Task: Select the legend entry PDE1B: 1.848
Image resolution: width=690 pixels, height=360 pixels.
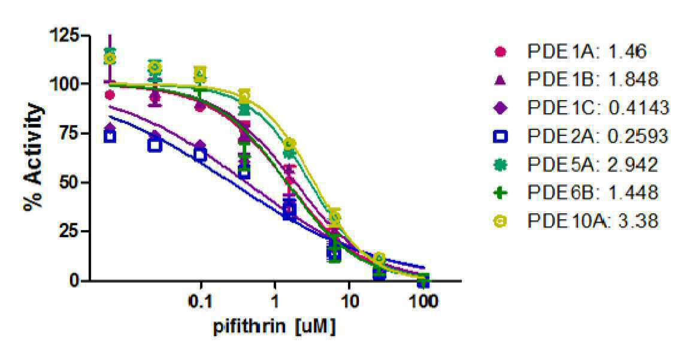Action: pyautogui.click(x=576, y=80)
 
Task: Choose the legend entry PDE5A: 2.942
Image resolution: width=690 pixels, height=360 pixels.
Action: pyautogui.click(x=576, y=164)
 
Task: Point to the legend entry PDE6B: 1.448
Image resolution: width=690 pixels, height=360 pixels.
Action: pyautogui.click(x=576, y=192)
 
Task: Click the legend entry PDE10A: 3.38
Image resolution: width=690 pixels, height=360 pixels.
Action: pyautogui.click(x=576, y=220)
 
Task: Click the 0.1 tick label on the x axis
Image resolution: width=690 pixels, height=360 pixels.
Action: pyautogui.click(x=201, y=301)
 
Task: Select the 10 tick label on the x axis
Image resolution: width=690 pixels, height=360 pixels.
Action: pyautogui.click(x=349, y=301)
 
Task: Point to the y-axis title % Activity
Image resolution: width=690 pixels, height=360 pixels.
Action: pyautogui.click(x=34, y=157)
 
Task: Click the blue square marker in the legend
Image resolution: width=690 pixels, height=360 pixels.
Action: pyautogui.click(x=501, y=137)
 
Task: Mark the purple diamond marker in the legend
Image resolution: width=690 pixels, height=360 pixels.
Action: pyautogui.click(x=501, y=108)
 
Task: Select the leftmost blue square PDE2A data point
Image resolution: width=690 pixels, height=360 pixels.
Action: pyautogui.click(x=110, y=137)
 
